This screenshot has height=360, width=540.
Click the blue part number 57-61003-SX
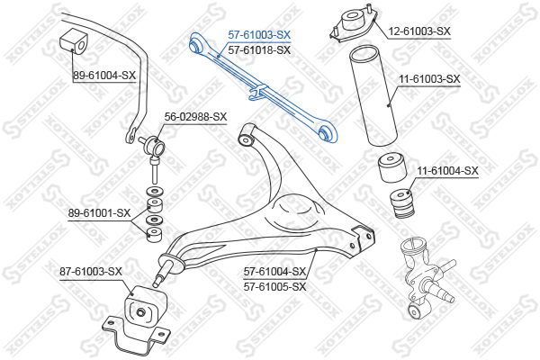point(259,35)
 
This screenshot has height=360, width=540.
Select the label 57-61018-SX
point(259,50)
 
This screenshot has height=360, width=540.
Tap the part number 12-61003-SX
point(419,31)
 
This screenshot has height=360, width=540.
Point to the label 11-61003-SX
point(429,79)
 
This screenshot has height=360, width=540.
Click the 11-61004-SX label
point(447,170)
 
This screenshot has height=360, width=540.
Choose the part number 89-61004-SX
point(104,76)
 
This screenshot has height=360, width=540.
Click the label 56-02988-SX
point(195,117)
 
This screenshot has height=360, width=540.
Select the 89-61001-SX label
point(99,213)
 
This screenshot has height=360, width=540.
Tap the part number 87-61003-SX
point(91,272)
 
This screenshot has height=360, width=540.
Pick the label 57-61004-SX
point(274,272)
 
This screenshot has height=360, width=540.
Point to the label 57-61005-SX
point(274,286)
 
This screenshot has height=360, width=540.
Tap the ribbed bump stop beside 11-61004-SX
point(401,203)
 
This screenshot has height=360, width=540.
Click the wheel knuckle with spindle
point(427,275)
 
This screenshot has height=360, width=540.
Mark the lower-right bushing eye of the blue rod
point(326,132)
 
